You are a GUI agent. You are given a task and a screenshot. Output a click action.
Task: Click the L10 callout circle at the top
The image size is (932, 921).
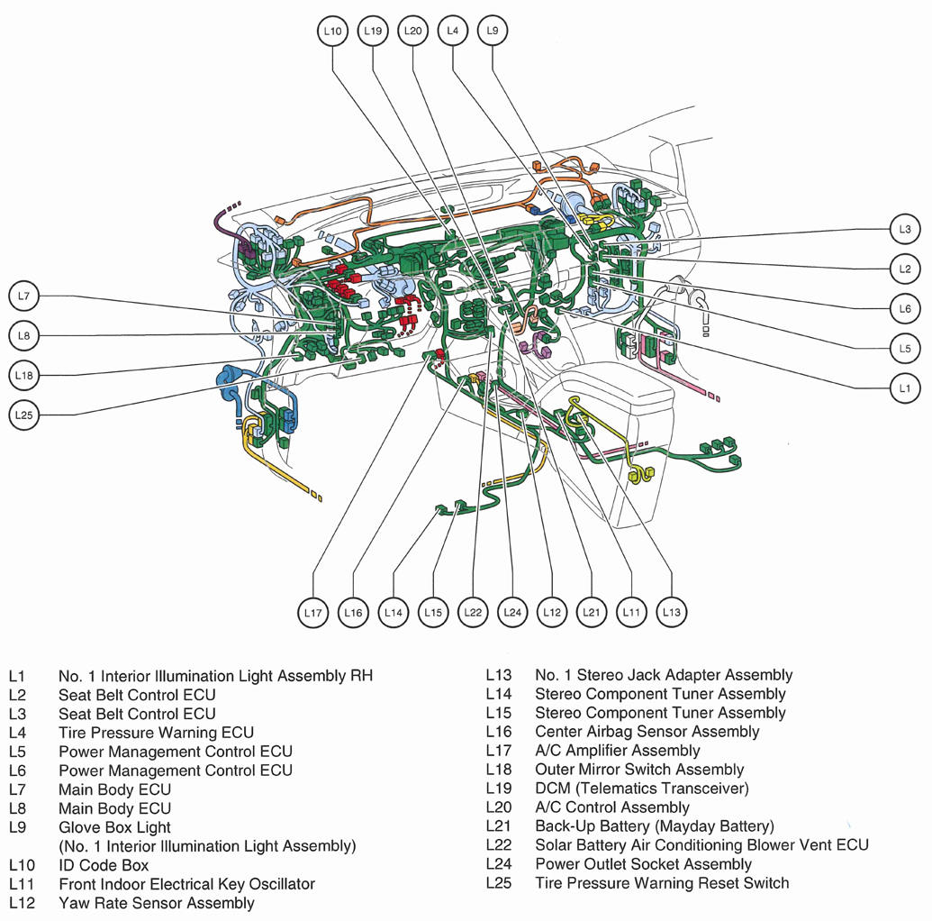pos(333,31)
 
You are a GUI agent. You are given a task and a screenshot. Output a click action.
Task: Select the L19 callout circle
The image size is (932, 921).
pos(373,31)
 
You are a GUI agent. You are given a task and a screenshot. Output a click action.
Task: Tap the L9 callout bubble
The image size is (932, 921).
pos(492,31)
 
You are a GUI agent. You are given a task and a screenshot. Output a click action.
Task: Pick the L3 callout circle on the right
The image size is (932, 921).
pos(905,230)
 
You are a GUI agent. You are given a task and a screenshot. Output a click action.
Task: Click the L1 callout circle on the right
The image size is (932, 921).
pos(905,388)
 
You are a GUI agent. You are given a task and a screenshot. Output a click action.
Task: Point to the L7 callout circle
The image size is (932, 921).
pos(24,296)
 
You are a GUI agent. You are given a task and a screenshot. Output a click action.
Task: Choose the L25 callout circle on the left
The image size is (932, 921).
pos(24,415)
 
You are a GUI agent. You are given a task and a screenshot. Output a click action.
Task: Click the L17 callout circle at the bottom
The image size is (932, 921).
pos(313,613)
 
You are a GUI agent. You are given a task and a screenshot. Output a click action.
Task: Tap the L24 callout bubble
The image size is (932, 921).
pos(512,613)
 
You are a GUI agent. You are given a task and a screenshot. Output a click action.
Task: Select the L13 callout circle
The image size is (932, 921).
pos(671,613)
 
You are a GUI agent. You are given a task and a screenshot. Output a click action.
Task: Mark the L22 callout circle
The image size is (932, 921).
pos(473,613)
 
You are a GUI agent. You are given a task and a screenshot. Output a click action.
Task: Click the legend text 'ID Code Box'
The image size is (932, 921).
pos(104,865)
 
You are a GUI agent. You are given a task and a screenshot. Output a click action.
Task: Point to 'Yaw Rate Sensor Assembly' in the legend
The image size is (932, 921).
pos(156,903)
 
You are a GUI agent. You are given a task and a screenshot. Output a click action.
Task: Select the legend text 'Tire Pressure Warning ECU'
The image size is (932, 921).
pos(156,733)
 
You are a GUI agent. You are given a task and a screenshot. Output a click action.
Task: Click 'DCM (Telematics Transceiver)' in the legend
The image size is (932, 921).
pos(641,789)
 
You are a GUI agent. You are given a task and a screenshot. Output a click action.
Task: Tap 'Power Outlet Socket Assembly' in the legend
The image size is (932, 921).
pos(643,864)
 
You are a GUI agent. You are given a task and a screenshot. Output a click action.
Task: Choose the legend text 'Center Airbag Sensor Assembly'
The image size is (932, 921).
pos(647,732)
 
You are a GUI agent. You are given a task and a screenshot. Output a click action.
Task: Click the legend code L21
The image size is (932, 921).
pos(498,826)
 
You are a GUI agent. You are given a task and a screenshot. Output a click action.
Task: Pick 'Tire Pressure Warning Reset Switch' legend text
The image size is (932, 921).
pos(662,883)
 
